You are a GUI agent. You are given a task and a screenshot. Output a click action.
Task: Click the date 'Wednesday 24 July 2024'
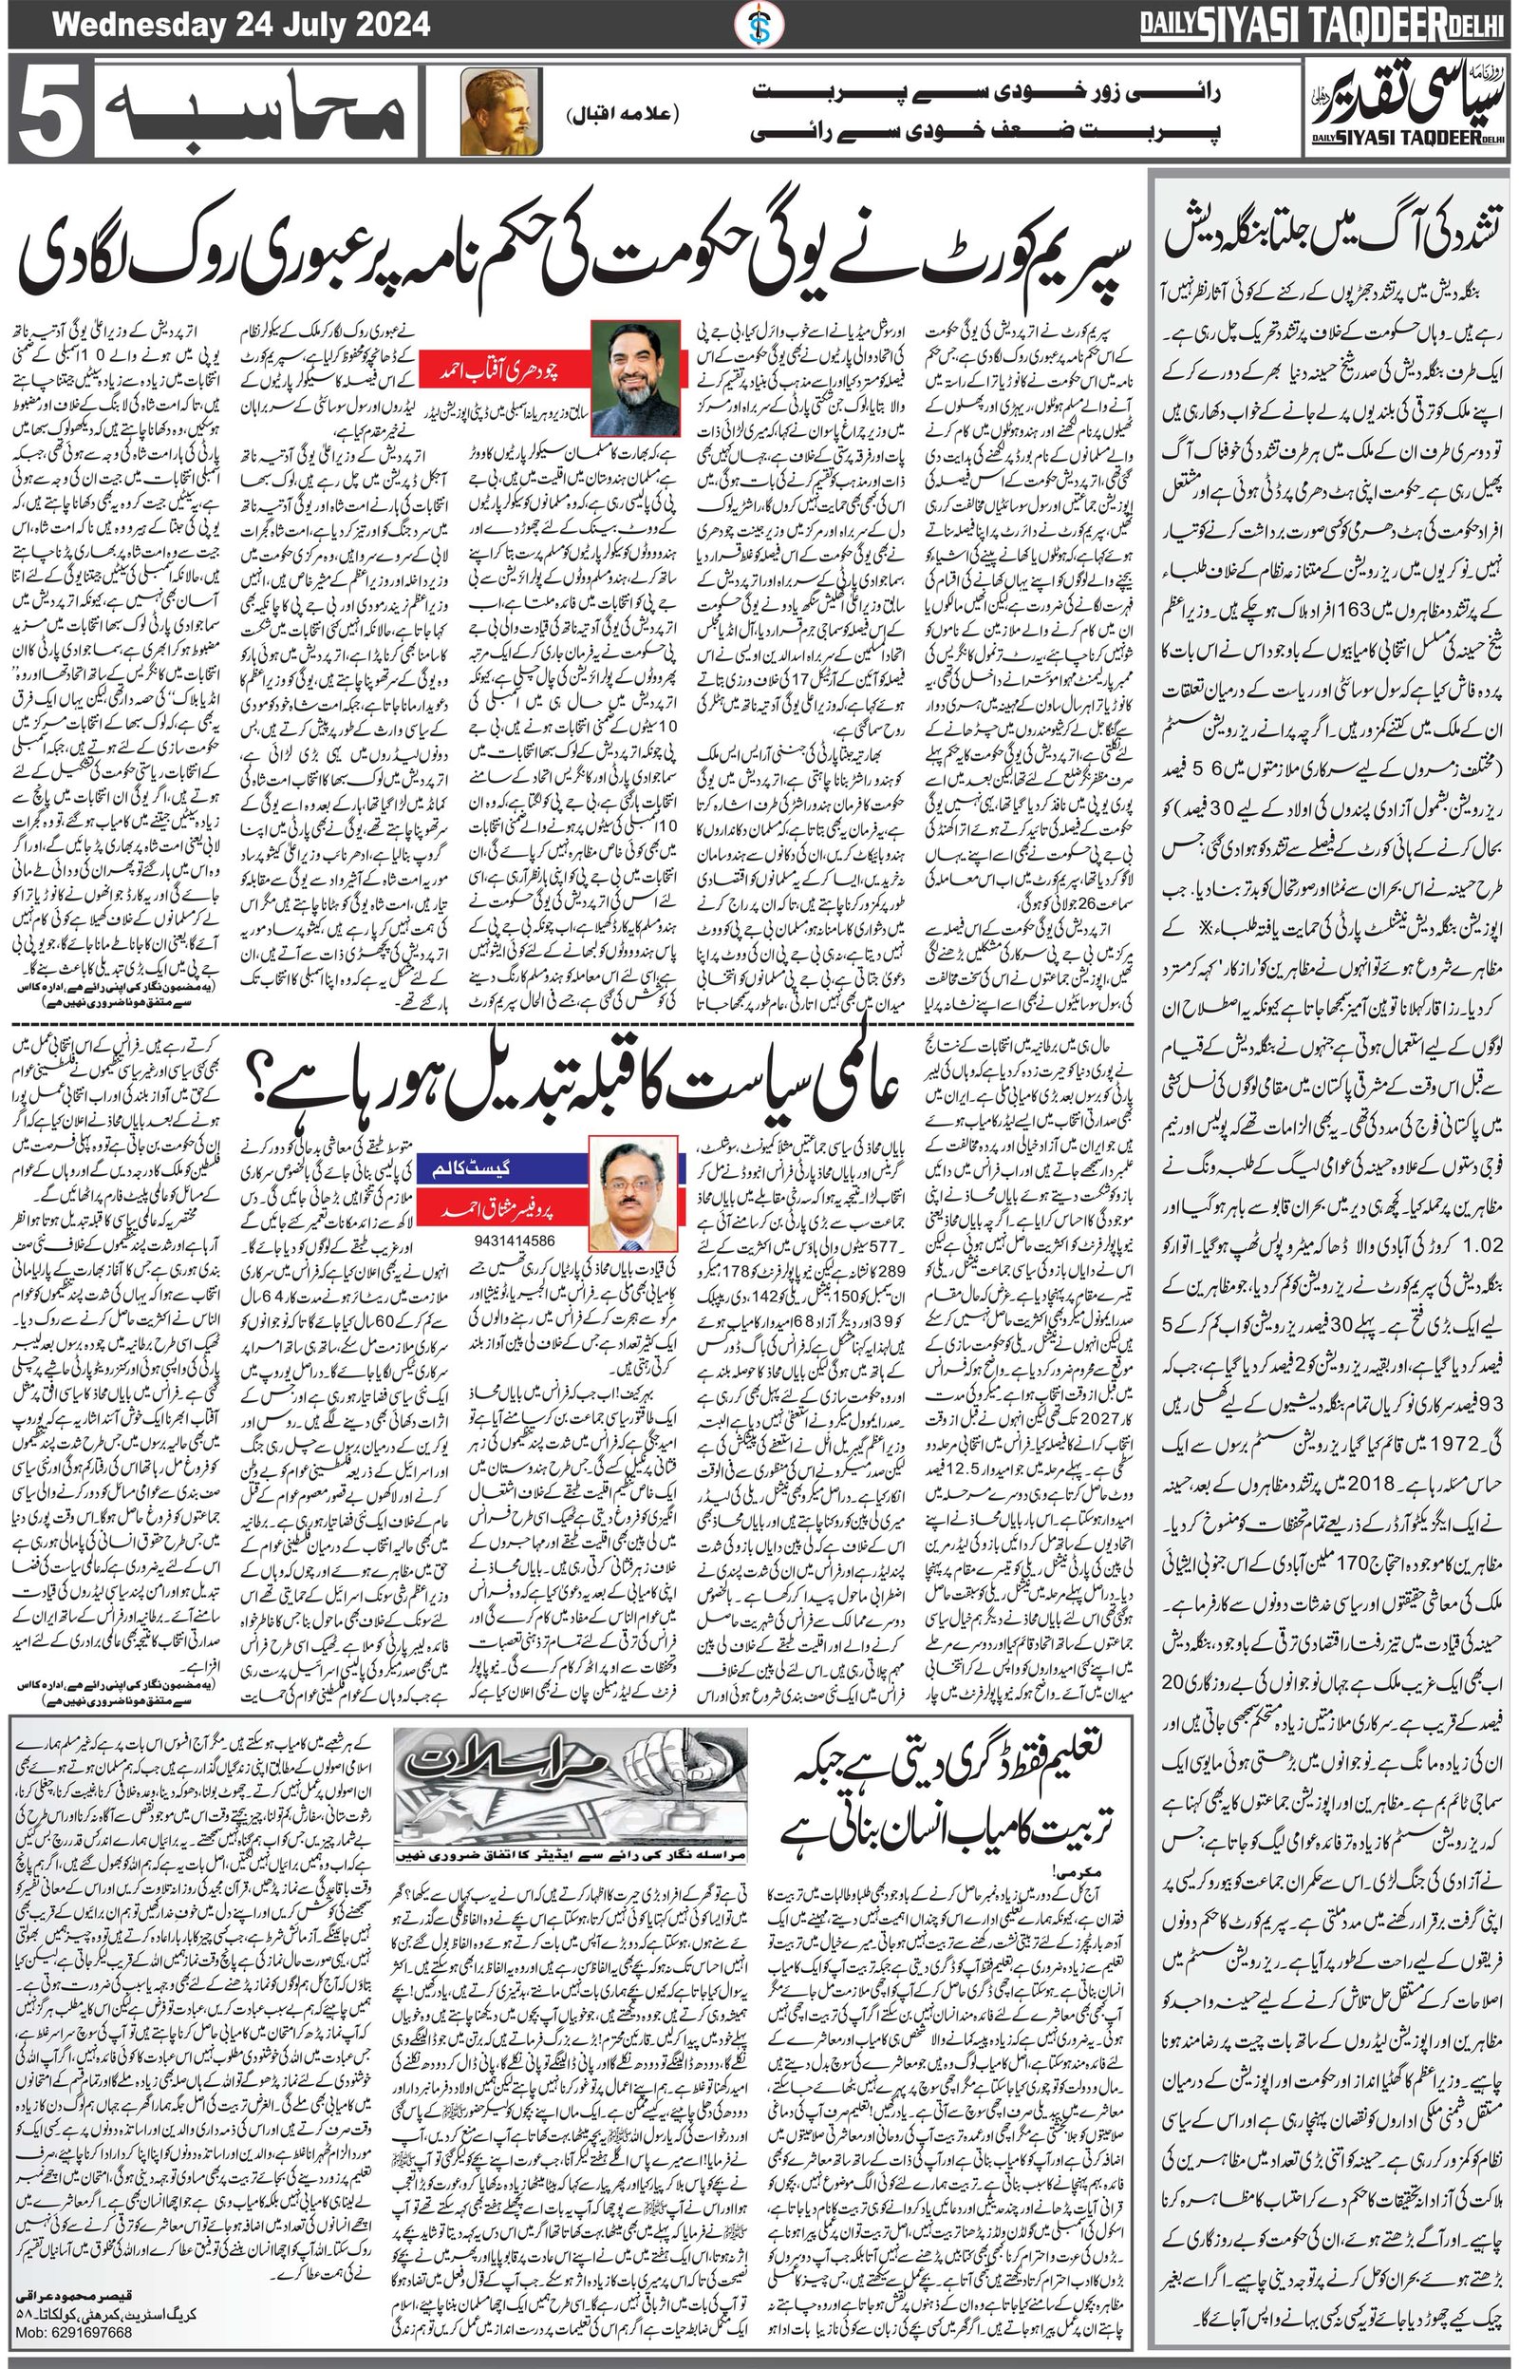[x=241, y=24]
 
